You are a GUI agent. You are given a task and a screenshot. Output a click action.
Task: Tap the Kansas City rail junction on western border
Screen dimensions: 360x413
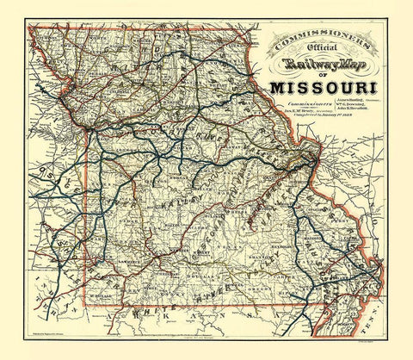pos(91,133)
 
